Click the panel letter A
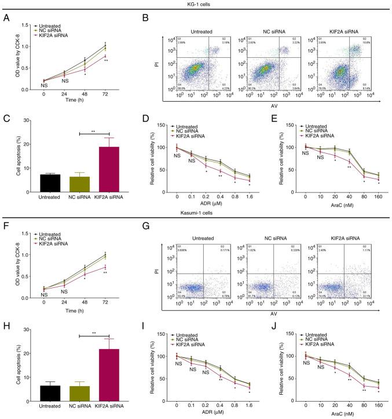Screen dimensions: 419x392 (5, 17)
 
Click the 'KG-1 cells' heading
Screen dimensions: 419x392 (196, 5)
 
